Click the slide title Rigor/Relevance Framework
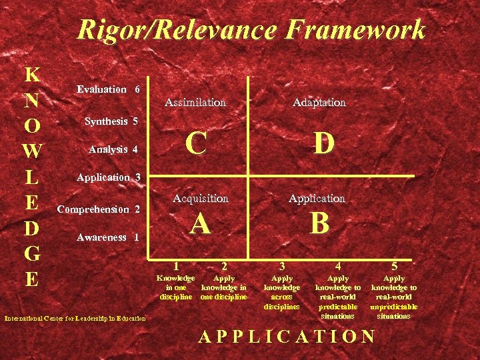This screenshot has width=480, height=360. coord(251,30)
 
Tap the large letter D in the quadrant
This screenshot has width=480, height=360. coord(323,142)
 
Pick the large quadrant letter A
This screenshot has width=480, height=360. coord(200,224)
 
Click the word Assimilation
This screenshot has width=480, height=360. coord(195,103)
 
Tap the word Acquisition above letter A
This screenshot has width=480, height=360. coord(200,198)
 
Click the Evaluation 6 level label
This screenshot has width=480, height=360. coord(108,89)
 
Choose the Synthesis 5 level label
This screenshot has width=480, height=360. coord(111,121)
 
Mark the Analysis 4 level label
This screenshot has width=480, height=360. coord(113,149)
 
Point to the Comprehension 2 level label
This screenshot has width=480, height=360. coord(99,209)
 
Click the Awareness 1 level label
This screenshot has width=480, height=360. coord(107,237)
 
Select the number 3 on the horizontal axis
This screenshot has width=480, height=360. coord(282,266)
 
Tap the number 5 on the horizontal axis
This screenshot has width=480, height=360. coord(394,266)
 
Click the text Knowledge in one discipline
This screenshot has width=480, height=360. coord(175,287)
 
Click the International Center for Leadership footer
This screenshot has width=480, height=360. coord(75,319)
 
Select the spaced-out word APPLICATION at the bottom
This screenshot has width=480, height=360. coord(287,336)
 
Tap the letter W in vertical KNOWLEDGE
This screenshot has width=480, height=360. coord(31,151)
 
